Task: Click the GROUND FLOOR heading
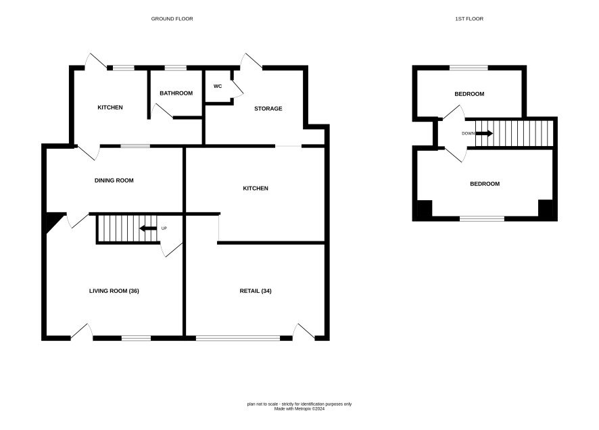172,19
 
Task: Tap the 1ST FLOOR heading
469,19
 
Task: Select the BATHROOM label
176,93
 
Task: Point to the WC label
218,87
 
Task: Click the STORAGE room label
268,108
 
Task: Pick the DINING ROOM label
114,181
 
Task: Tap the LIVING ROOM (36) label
114,291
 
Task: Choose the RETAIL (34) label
256,291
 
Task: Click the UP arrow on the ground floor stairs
148,229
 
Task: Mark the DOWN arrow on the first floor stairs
484,134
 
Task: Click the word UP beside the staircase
164,229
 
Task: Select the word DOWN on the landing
468,134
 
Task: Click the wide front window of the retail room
238,338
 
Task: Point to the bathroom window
176,68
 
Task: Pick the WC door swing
237,89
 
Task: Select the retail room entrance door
304,331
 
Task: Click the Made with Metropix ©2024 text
299,408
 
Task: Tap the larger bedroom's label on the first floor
485,184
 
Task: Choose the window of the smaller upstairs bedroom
469,68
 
